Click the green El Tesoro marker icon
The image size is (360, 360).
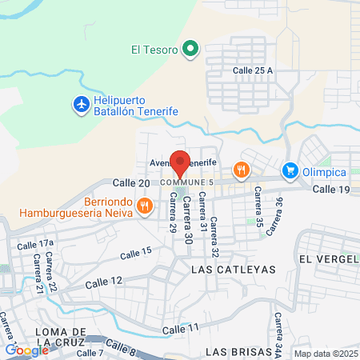(190, 50)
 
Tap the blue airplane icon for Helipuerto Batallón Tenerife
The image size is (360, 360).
(81, 104)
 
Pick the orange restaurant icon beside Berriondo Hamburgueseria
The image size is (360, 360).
(144, 206)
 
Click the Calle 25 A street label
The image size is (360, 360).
(253, 71)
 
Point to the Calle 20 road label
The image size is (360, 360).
(131, 183)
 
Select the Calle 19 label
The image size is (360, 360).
(332, 190)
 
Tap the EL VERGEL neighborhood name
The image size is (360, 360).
(326, 260)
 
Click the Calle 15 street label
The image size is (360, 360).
(135, 254)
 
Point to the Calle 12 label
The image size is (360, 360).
(106, 281)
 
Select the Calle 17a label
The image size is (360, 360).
(37, 242)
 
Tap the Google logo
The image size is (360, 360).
(26, 350)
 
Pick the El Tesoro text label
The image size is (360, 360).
(154, 50)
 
